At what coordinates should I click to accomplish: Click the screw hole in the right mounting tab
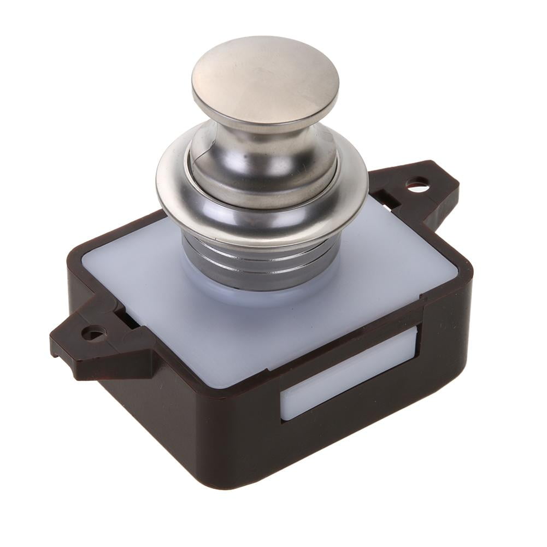417,186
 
